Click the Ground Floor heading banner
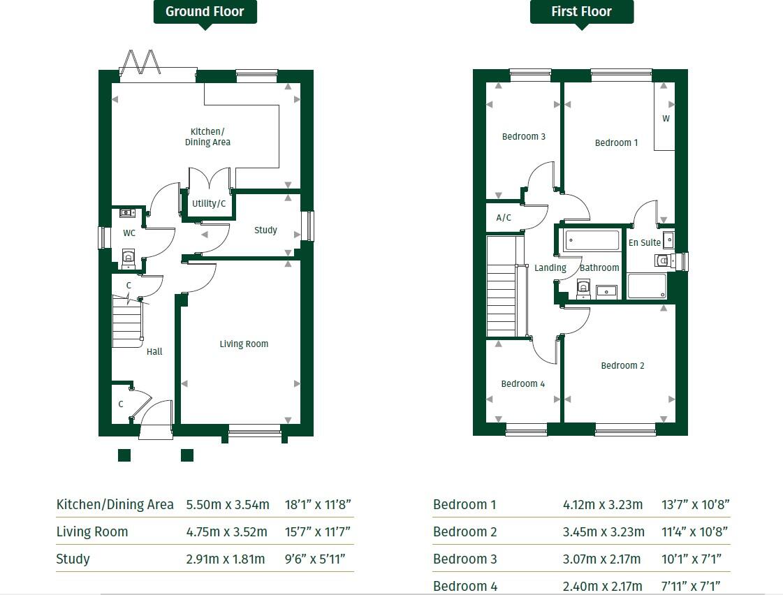tap(205, 12)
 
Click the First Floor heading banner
tap(581, 12)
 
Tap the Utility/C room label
tap(209, 204)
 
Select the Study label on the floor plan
tap(265, 230)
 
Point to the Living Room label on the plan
tap(244, 344)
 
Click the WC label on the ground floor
tap(129, 233)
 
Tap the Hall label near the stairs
tap(154, 351)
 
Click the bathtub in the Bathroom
tap(592, 241)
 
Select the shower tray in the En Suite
tap(647, 286)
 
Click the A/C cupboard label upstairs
tap(504, 218)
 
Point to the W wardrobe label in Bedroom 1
tap(666, 119)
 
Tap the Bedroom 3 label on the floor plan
tap(524, 136)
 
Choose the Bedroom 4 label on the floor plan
tap(522, 383)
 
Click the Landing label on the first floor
tap(550, 267)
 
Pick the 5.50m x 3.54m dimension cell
tap(227, 504)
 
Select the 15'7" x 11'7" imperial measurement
tap(318, 531)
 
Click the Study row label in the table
tap(73, 559)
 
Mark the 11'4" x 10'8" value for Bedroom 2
tap(695, 531)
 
